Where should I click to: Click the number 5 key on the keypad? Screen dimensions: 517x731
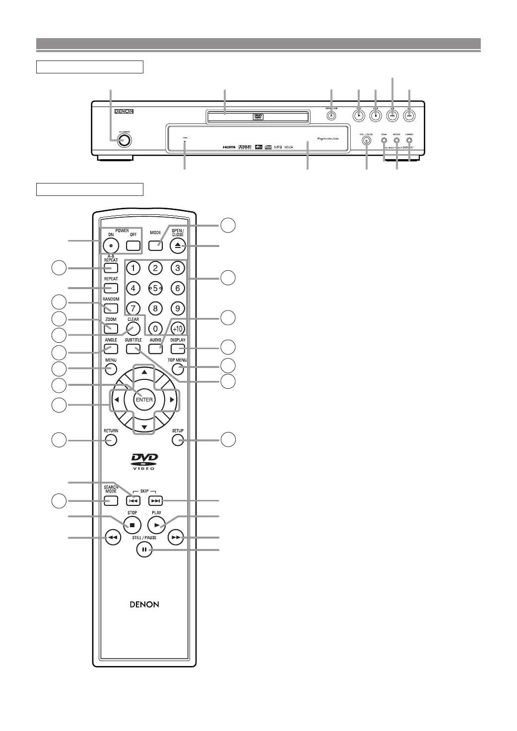click(x=155, y=288)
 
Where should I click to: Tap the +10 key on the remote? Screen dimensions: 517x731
click(x=178, y=329)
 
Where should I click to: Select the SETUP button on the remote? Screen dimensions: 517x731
click(x=178, y=440)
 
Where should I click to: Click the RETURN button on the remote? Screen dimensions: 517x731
click(x=111, y=440)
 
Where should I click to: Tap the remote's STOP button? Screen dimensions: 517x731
click(x=132, y=525)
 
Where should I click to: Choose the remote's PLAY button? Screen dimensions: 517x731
click(x=157, y=525)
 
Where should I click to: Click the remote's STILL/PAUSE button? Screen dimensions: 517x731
click(x=144, y=549)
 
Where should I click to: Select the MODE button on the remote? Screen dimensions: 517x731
click(x=155, y=245)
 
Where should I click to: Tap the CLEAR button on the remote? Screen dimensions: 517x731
click(x=133, y=328)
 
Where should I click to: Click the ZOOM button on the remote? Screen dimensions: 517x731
click(x=111, y=328)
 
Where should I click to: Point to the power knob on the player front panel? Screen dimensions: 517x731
click(x=124, y=140)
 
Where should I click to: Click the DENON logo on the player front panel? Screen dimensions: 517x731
click(x=124, y=112)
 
